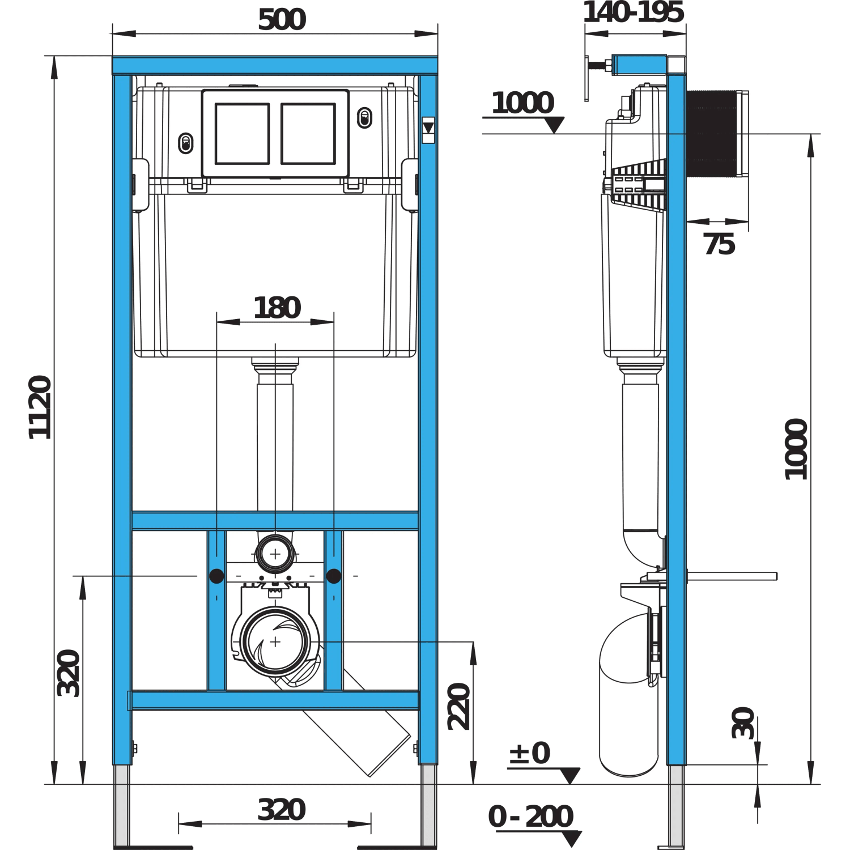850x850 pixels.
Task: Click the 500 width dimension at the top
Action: (x=282, y=20)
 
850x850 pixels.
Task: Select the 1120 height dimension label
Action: (x=40, y=407)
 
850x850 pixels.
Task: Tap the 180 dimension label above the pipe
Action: (x=277, y=308)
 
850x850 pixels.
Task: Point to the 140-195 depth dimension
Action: (x=634, y=12)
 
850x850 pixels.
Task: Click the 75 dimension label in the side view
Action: (x=719, y=244)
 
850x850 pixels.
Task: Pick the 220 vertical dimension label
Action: (x=459, y=706)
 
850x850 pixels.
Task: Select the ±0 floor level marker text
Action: (x=529, y=754)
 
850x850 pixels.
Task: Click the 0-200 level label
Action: (x=531, y=817)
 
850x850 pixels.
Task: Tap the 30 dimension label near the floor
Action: (x=743, y=722)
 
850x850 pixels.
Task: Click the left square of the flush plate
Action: (x=242, y=134)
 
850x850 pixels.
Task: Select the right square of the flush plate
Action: (x=308, y=134)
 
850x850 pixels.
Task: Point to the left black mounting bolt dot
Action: (x=216, y=576)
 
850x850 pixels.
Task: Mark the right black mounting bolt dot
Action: (x=334, y=576)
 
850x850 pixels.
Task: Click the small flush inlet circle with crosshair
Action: (x=275, y=554)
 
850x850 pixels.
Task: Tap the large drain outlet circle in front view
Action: (x=275, y=641)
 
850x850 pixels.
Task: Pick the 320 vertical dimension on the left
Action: (x=69, y=673)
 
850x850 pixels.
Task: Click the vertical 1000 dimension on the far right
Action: (x=796, y=449)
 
